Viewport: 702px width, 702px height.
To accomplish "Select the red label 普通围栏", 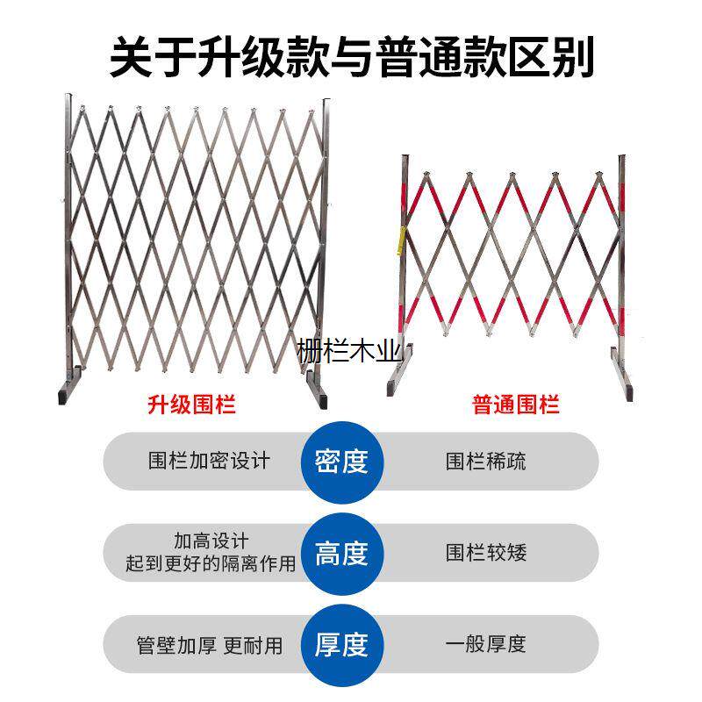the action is coord(516,405).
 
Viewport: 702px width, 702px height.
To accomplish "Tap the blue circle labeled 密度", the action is coord(340,461).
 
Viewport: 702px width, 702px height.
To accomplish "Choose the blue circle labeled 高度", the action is coord(340,553).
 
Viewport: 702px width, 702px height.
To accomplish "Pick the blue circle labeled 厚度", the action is coord(340,646).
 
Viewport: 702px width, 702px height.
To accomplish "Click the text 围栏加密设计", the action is coord(209,461).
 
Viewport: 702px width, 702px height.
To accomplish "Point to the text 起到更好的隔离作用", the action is coord(211,564).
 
